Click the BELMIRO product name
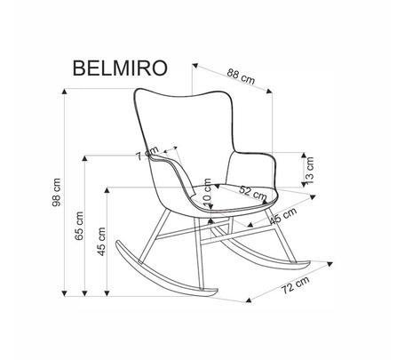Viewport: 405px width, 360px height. [120, 68]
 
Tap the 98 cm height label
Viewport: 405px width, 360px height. [56, 192]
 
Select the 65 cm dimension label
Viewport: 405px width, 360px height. [79, 226]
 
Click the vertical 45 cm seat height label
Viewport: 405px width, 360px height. [101, 241]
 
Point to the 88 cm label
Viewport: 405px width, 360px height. [241, 76]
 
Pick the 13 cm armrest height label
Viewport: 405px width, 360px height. [309, 170]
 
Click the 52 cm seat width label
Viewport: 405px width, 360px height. [253, 193]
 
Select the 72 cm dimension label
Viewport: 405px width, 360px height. [295, 284]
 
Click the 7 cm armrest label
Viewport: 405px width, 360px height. [147, 153]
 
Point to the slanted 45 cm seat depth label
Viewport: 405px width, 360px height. [283, 215]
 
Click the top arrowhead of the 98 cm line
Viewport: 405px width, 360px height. [64, 91]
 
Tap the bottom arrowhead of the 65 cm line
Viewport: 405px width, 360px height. [85, 293]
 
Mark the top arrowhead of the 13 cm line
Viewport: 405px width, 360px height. [304, 155]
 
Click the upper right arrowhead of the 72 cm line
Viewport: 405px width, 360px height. [330, 264]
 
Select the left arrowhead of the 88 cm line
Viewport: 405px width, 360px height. [195, 65]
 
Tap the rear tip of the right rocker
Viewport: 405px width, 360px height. [308, 263]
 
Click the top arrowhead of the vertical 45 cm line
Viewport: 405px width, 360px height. [107, 190]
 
